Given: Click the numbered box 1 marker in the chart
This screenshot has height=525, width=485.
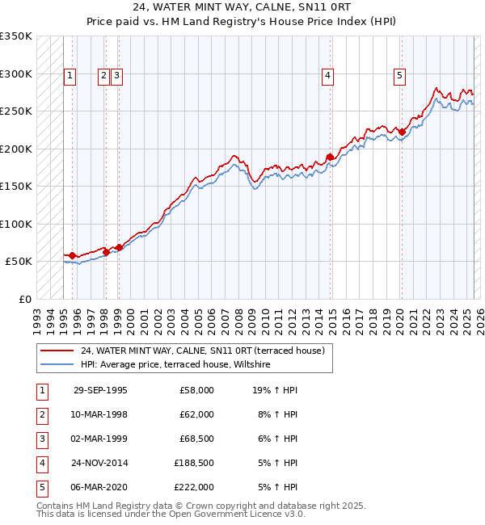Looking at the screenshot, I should click(x=70, y=77).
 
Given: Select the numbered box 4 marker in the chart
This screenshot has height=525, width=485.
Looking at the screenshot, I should click(x=327, y=77).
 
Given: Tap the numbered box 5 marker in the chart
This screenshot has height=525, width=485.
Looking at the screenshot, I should click(x=400, y=77).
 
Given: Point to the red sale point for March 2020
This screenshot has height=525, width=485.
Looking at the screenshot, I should click(x=402, y=132).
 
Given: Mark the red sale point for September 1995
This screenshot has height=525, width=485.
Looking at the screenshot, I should click(x=73, y=255).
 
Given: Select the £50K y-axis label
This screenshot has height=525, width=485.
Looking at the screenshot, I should click(x=19, y=262).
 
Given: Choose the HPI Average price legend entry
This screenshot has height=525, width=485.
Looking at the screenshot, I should click(x=179, y=364).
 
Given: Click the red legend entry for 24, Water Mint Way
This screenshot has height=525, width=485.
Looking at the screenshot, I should click(x=202, y=351).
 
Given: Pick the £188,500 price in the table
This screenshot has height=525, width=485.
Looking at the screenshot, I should click(x=194, y=463).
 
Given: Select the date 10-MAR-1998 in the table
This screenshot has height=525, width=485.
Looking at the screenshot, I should click(x=100, y=414).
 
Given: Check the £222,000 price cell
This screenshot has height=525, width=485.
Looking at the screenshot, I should click(x=194, y=487).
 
